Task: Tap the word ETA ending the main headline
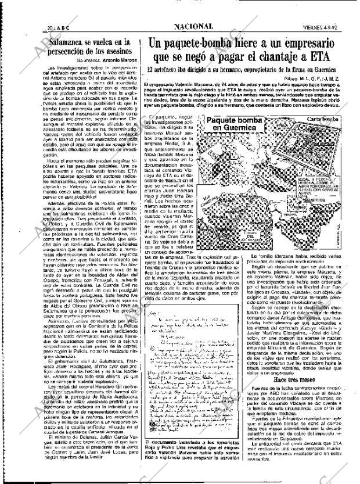point(316,58)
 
